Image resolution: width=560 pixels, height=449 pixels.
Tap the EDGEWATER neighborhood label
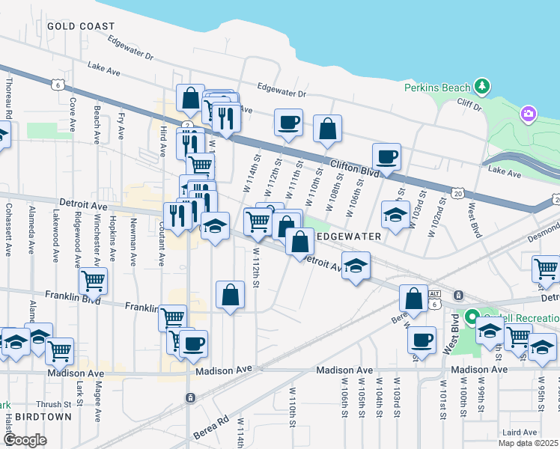tap(350, 236)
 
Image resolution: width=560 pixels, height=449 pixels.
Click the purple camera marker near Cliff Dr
tap(529, 114)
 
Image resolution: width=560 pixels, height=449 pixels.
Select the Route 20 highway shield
tap(457, 193)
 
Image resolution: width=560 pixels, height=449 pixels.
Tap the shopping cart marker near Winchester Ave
tap(94, 280)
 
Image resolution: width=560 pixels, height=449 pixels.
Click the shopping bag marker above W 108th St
tap(327, 128)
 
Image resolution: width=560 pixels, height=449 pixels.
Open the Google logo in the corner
tap(25, 440)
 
